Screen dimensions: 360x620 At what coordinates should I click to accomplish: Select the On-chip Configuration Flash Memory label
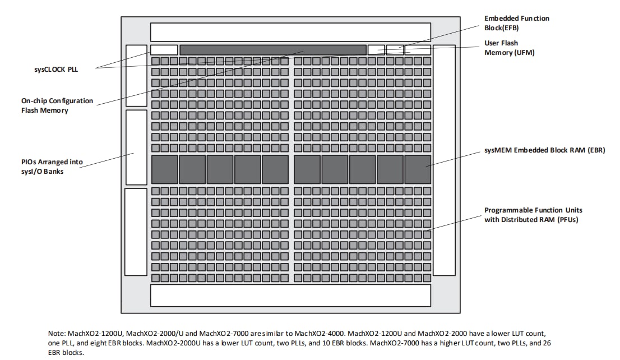click(57, 105)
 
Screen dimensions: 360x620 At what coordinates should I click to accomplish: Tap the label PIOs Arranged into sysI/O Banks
click(52, 167)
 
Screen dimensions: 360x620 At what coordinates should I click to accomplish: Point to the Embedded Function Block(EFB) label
click(516, 22)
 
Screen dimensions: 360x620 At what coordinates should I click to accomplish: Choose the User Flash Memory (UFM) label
click(509, 48)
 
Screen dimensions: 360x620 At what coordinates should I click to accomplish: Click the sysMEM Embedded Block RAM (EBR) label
click(544, 151)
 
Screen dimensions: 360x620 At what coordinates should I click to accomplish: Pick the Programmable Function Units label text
click(533, 215)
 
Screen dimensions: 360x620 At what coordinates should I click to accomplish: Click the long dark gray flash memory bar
click(272, 50)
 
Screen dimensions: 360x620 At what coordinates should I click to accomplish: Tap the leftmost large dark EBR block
click(164, 169)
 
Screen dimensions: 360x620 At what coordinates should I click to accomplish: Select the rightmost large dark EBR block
click(418, 169)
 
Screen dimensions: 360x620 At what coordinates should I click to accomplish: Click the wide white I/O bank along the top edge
click(290, 32)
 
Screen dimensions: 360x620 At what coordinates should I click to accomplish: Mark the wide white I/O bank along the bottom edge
click(290, 296)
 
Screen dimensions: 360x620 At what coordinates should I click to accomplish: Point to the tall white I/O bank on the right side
click(444, 160)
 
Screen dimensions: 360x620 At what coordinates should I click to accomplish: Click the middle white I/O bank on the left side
click(136, 147)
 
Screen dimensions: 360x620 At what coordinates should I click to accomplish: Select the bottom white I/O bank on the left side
click(136, 232)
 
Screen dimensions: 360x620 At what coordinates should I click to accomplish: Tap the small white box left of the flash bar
click(164, 50)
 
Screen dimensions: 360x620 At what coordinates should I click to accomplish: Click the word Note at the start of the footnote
click(57, 333)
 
